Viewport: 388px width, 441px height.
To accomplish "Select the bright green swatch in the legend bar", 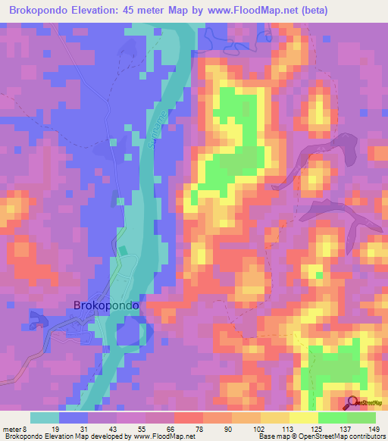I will point(332,418).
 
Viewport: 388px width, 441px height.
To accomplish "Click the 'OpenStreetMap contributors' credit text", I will point(346,436).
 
